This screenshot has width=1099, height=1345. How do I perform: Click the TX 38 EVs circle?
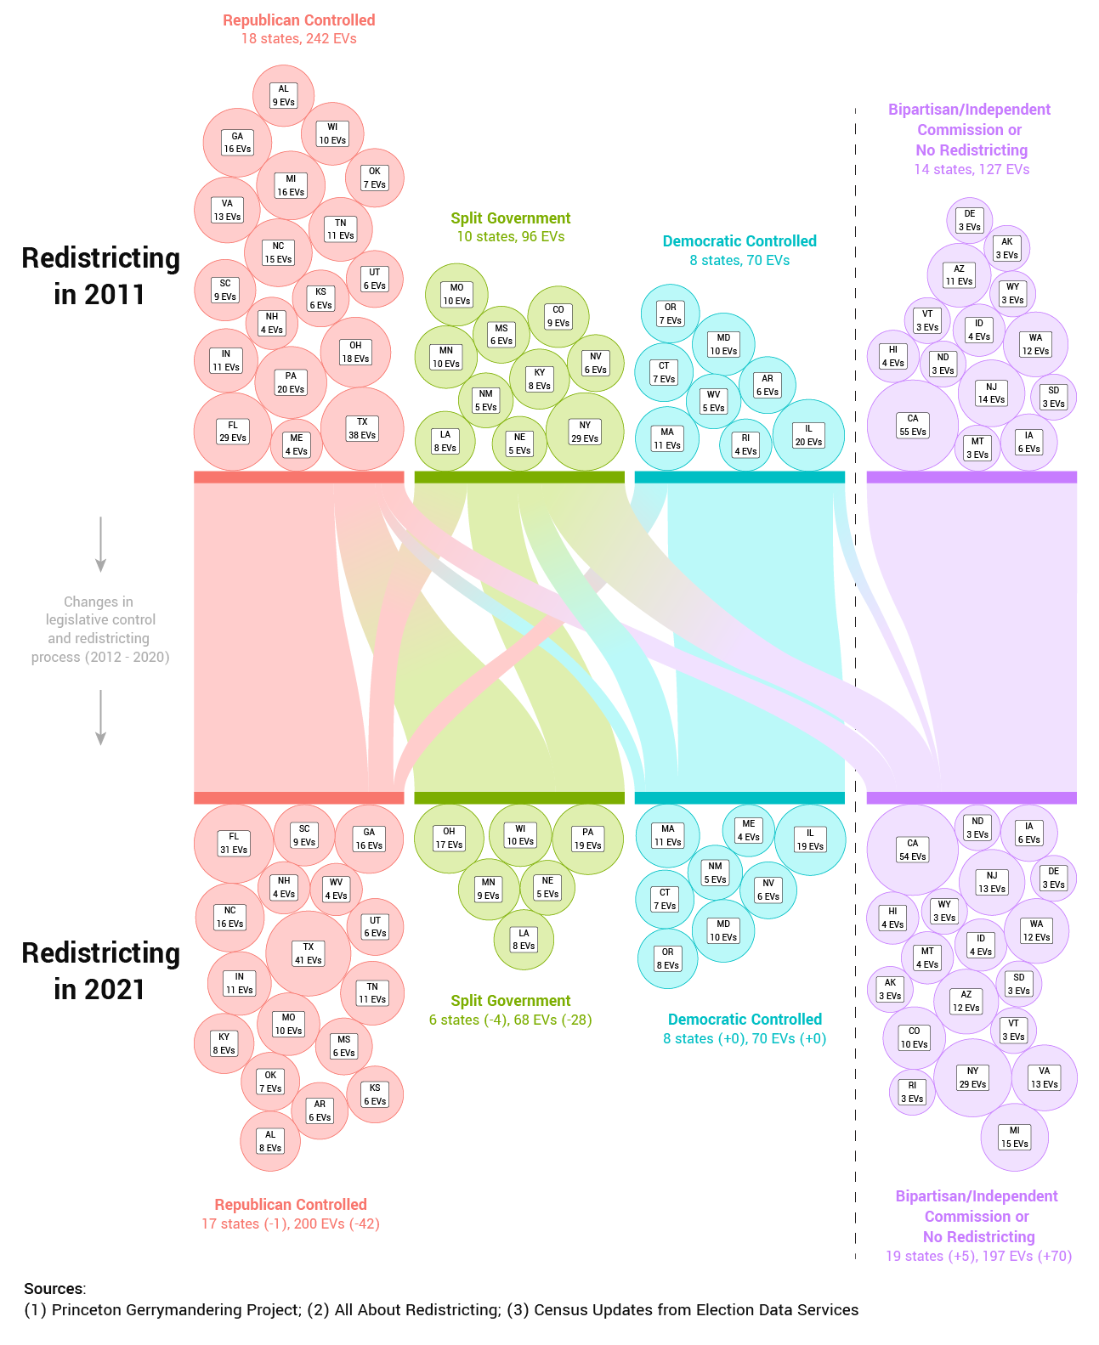362,428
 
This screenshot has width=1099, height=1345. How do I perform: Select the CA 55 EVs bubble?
913,425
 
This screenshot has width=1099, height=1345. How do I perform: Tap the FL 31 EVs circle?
234,843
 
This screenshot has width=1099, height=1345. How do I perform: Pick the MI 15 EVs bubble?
1014,1137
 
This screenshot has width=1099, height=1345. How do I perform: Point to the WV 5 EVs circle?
713,401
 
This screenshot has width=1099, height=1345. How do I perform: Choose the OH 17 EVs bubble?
449,838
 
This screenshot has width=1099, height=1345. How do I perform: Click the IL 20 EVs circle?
808,435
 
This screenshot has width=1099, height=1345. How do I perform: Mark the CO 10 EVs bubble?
914,1037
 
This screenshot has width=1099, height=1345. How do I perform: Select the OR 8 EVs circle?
667,958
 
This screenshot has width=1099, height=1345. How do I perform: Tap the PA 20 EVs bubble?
291,382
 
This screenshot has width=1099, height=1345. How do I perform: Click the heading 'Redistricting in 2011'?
100,276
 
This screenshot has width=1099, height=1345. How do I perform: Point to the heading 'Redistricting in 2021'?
100,971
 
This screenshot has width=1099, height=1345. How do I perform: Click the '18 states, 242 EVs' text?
299,39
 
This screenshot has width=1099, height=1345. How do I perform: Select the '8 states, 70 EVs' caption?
739,260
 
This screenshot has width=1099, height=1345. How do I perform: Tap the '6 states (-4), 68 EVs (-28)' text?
510,1020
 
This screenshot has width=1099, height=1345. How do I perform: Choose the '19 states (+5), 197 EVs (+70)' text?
978,1256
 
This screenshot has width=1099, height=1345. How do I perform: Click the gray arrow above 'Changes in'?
100,544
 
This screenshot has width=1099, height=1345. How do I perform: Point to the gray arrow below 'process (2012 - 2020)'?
100,717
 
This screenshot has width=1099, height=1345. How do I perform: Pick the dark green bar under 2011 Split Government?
519,478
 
